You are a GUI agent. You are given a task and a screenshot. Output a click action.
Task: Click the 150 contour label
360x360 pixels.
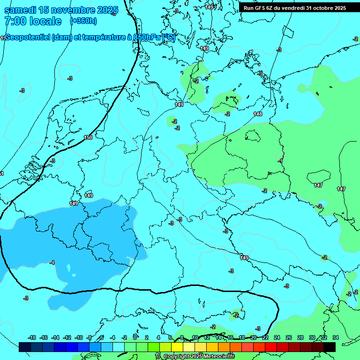click(x=88, y=137)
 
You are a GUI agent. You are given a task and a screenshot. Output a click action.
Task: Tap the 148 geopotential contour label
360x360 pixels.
click(x=258, y=114)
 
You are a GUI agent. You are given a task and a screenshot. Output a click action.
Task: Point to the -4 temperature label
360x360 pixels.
click(x=52, y=262)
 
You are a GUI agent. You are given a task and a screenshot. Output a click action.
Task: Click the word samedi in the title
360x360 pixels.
click(x=22, y=10)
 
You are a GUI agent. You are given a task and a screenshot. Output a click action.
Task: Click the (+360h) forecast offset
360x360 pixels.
click(x=84, y=21)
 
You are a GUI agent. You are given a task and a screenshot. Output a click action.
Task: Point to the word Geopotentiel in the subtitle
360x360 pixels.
click(x=27, y=37)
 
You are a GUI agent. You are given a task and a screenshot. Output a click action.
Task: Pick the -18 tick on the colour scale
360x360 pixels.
click(x=32, y=337)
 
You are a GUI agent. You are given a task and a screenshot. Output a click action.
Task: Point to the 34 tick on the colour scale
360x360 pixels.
click(x=336, y=337)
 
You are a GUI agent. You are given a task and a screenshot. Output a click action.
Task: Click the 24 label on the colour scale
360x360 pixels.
click(x=277, y=337)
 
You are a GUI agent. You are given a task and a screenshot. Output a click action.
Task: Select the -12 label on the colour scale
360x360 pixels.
click(x=67, y=337)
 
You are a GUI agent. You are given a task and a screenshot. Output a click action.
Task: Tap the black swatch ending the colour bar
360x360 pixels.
click(x=330, y=347)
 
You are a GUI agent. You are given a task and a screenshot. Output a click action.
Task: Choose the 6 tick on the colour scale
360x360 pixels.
click(x=170, y=337)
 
